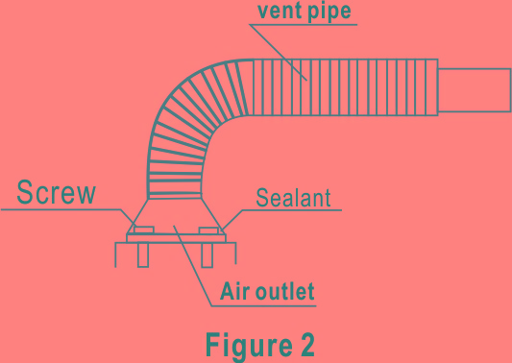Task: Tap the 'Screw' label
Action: click(56, 192)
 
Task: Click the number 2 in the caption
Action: click(305, 342)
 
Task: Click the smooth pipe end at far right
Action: click(474, 88)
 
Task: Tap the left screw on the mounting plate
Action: click(141, 231)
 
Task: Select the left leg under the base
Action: click(142, 254)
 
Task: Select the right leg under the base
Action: click(207, 254)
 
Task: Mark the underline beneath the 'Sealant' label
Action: click(288, 211)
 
